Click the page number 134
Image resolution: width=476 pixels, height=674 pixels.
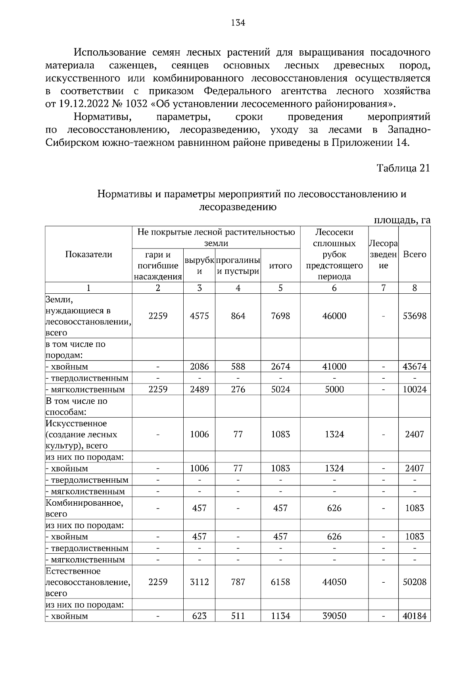tap(238, 23)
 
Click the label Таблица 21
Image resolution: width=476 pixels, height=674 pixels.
tap(403, 168)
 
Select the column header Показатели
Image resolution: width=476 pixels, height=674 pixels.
tap(88, 254)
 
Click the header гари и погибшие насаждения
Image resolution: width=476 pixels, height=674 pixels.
tap(157, 266)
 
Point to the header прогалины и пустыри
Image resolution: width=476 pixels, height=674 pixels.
tap(238, 266)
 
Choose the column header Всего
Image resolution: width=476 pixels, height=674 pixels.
tap(414, 254)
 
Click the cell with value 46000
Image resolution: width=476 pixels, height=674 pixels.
tap(334, 316)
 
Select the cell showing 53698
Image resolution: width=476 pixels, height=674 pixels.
tap(414, 316)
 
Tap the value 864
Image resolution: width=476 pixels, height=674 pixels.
tap(238, 316)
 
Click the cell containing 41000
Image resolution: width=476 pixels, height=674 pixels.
tap(334, 366)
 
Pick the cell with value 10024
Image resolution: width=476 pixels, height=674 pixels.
tap(414, 389)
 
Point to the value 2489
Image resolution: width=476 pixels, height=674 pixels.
tap(199, 389)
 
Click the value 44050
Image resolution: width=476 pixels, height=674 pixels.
tap(334, 582)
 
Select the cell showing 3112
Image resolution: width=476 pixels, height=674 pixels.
tap(199, 582)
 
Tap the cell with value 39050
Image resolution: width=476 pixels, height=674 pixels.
tap(334, 616)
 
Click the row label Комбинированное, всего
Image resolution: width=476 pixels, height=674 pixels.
tap(84, 508)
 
